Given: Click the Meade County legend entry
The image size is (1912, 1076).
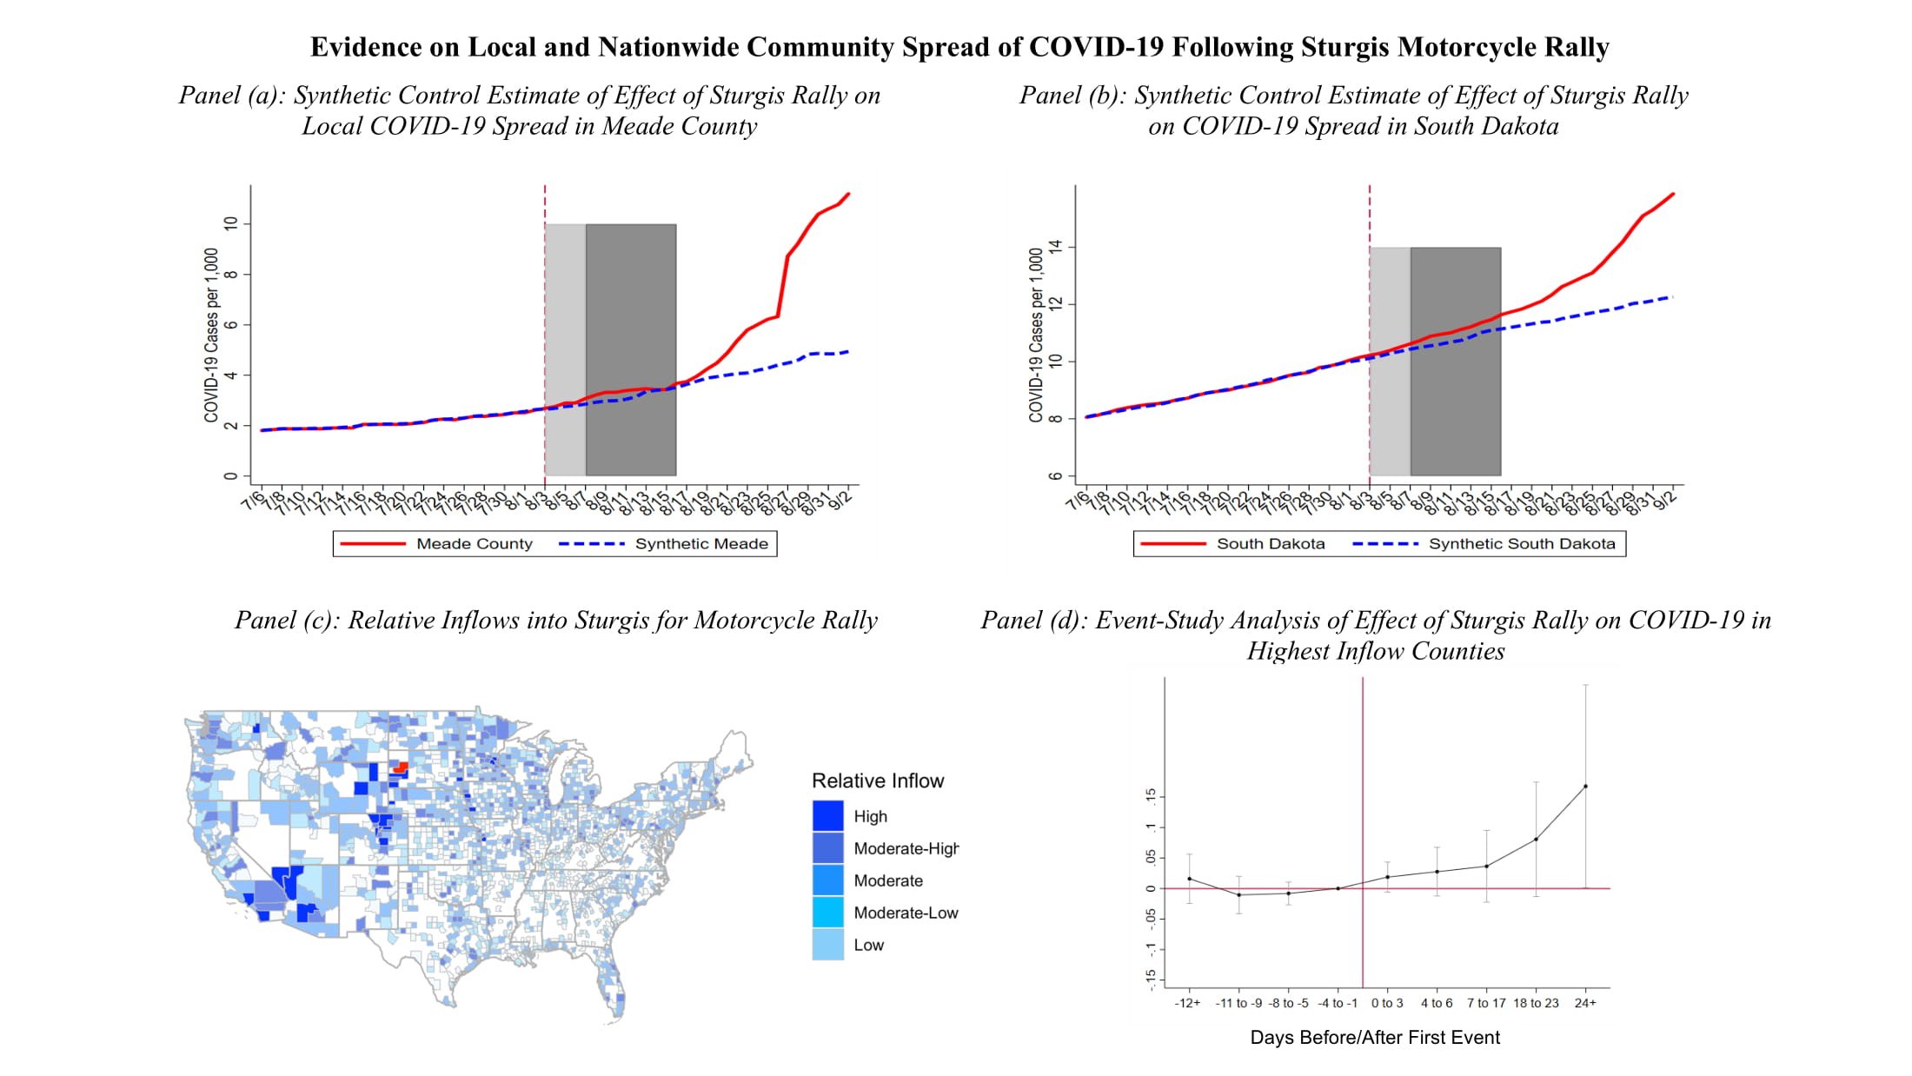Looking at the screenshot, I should pos(474,544).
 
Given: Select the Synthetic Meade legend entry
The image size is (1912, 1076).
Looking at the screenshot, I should pos(701,544).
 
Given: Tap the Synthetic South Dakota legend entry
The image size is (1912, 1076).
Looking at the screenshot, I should pos(1522,544).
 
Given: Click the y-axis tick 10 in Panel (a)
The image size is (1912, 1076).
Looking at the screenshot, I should pos(230,223).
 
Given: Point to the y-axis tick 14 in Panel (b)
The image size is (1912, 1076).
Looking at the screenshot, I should pos(1055,247).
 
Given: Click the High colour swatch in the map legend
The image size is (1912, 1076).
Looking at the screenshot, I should pos(827,816).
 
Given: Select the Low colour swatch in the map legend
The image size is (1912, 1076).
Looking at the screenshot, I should pos(827,945).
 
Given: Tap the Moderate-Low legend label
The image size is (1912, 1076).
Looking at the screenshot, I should pos(906,913).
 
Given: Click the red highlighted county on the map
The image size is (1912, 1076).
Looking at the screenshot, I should pos(401,767).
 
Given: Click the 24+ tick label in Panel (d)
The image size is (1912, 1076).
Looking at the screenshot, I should pos(1585,1003).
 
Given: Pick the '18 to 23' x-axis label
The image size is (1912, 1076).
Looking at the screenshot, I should pos(1536,1003).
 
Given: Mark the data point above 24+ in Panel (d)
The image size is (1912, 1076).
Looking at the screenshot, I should pos(1585,787).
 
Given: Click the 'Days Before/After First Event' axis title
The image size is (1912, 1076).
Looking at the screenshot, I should pos(1375,1037).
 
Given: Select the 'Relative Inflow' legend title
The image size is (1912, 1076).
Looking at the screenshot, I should pos(878,780).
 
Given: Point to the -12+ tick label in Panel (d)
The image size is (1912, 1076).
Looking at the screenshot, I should pos(1187,1003).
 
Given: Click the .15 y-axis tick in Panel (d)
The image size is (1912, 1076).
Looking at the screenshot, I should pos(1151,795).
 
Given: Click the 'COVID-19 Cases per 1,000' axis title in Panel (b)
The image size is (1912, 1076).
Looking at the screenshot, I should pos(1035,335).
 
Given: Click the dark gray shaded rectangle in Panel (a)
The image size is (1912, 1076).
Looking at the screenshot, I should pos(631,348).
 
